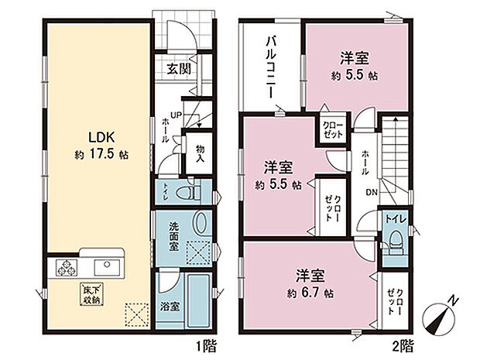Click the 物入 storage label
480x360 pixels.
tap(199, 153)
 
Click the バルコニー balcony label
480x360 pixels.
tap(272, 66)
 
